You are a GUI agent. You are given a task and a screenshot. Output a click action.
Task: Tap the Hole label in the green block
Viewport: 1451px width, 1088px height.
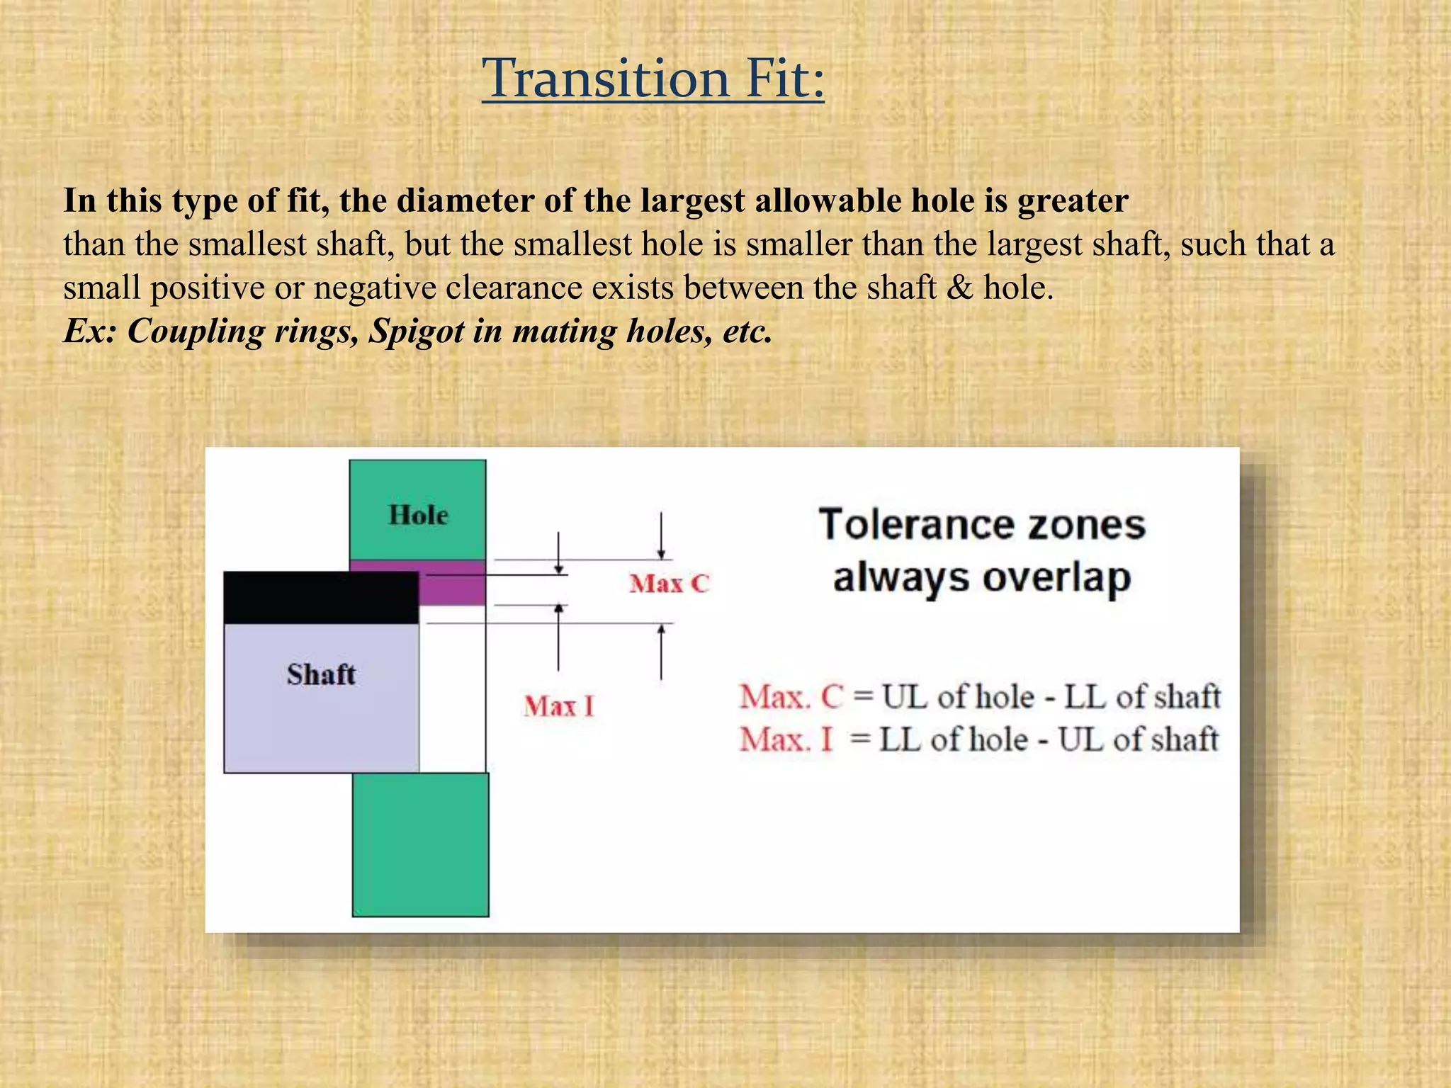coord(418,515)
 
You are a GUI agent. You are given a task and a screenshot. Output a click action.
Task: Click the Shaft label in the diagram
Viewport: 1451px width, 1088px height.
coord(321,674)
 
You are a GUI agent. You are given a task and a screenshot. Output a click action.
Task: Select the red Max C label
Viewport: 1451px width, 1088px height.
coord(669,584)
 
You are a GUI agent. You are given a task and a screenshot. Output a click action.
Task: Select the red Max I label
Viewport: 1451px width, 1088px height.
coord(559,706)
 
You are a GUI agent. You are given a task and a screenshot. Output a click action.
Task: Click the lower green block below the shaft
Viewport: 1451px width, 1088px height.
coord(421,844)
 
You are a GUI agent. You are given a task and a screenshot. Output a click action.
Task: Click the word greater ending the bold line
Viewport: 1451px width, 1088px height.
coord(1073,201)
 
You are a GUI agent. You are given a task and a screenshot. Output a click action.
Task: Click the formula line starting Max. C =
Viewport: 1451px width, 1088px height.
coord(980,697)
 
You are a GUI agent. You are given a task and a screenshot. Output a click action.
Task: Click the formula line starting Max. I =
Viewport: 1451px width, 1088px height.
coord(978,739)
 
